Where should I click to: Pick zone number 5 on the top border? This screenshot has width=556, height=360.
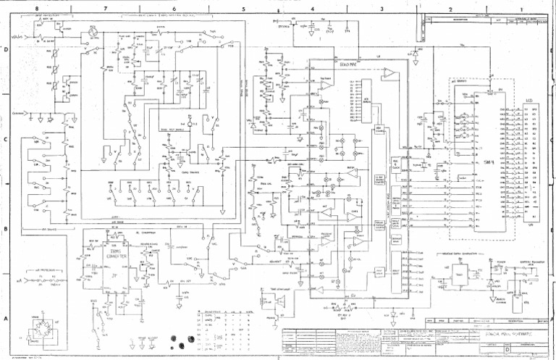[244, 8]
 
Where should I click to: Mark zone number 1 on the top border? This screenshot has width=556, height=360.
[519, 8]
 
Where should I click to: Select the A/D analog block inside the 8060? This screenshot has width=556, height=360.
[366, 101]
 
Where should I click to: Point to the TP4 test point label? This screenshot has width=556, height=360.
[347, 31]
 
